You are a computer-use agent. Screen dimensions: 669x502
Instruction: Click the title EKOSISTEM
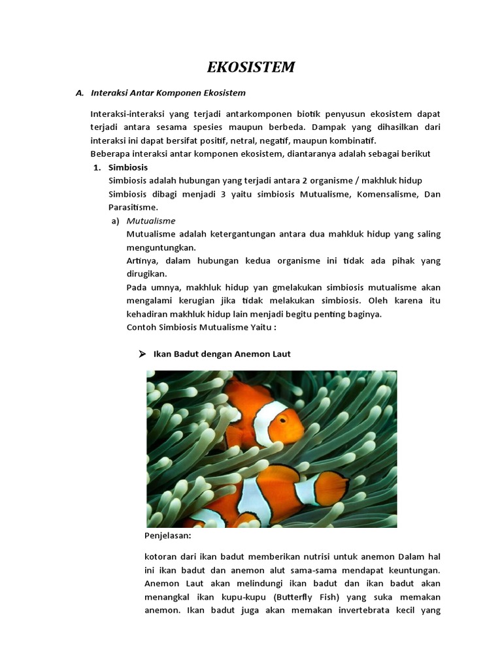[251, 67]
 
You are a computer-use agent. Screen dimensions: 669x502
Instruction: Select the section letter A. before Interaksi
[80, 93]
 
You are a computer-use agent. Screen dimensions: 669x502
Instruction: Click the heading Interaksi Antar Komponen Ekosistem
[168, 93]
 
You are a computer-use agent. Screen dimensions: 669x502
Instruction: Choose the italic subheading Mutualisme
[150, 221]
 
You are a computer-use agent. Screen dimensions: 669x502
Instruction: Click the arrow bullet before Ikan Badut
[141, 353]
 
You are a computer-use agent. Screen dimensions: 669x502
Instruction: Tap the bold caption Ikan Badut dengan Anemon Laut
[222, 353]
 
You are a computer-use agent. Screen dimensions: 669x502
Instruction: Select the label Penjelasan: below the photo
[167, 536]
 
